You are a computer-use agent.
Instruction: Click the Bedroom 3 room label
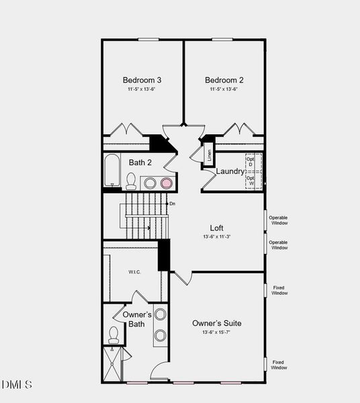coord(142,80)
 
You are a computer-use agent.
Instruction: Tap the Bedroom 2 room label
coord(224,80)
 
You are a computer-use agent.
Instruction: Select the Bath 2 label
coord(140,162)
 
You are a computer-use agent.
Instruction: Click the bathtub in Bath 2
coord(112,171)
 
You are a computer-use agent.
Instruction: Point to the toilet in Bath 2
coord(131,181)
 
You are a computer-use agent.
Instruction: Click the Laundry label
coord(230,171)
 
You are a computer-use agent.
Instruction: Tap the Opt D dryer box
coord(251,161)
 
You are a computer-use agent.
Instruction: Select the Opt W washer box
coord(251,181)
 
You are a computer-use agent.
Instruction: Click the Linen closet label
coord(209,156)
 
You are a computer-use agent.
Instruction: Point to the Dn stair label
coord(172,204)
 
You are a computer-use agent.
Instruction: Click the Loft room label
coord(216,228)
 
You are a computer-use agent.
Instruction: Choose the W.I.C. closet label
coord(134,272)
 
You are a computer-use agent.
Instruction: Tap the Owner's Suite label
coord(217,323)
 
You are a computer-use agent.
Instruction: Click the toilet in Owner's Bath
coord(113,334)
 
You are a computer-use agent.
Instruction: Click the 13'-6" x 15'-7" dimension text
coord(217,332)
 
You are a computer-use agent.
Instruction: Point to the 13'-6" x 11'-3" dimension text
coord(216,237)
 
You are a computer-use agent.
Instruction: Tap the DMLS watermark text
coord(17,384)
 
